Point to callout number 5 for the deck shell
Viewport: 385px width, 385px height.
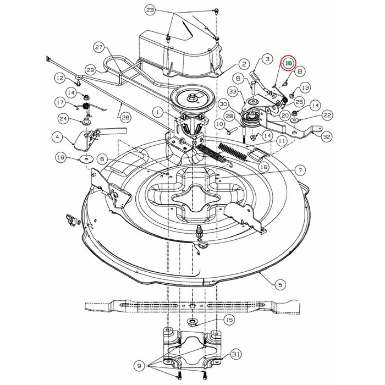(280, 284)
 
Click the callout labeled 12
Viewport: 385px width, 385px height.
(59, 79)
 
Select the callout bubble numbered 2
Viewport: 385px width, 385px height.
(244, 64)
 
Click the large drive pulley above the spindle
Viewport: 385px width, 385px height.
(195, 99)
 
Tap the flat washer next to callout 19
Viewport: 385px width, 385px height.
(86, 159)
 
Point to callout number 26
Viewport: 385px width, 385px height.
(125, 117)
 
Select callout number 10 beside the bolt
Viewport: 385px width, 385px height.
(219, 125)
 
